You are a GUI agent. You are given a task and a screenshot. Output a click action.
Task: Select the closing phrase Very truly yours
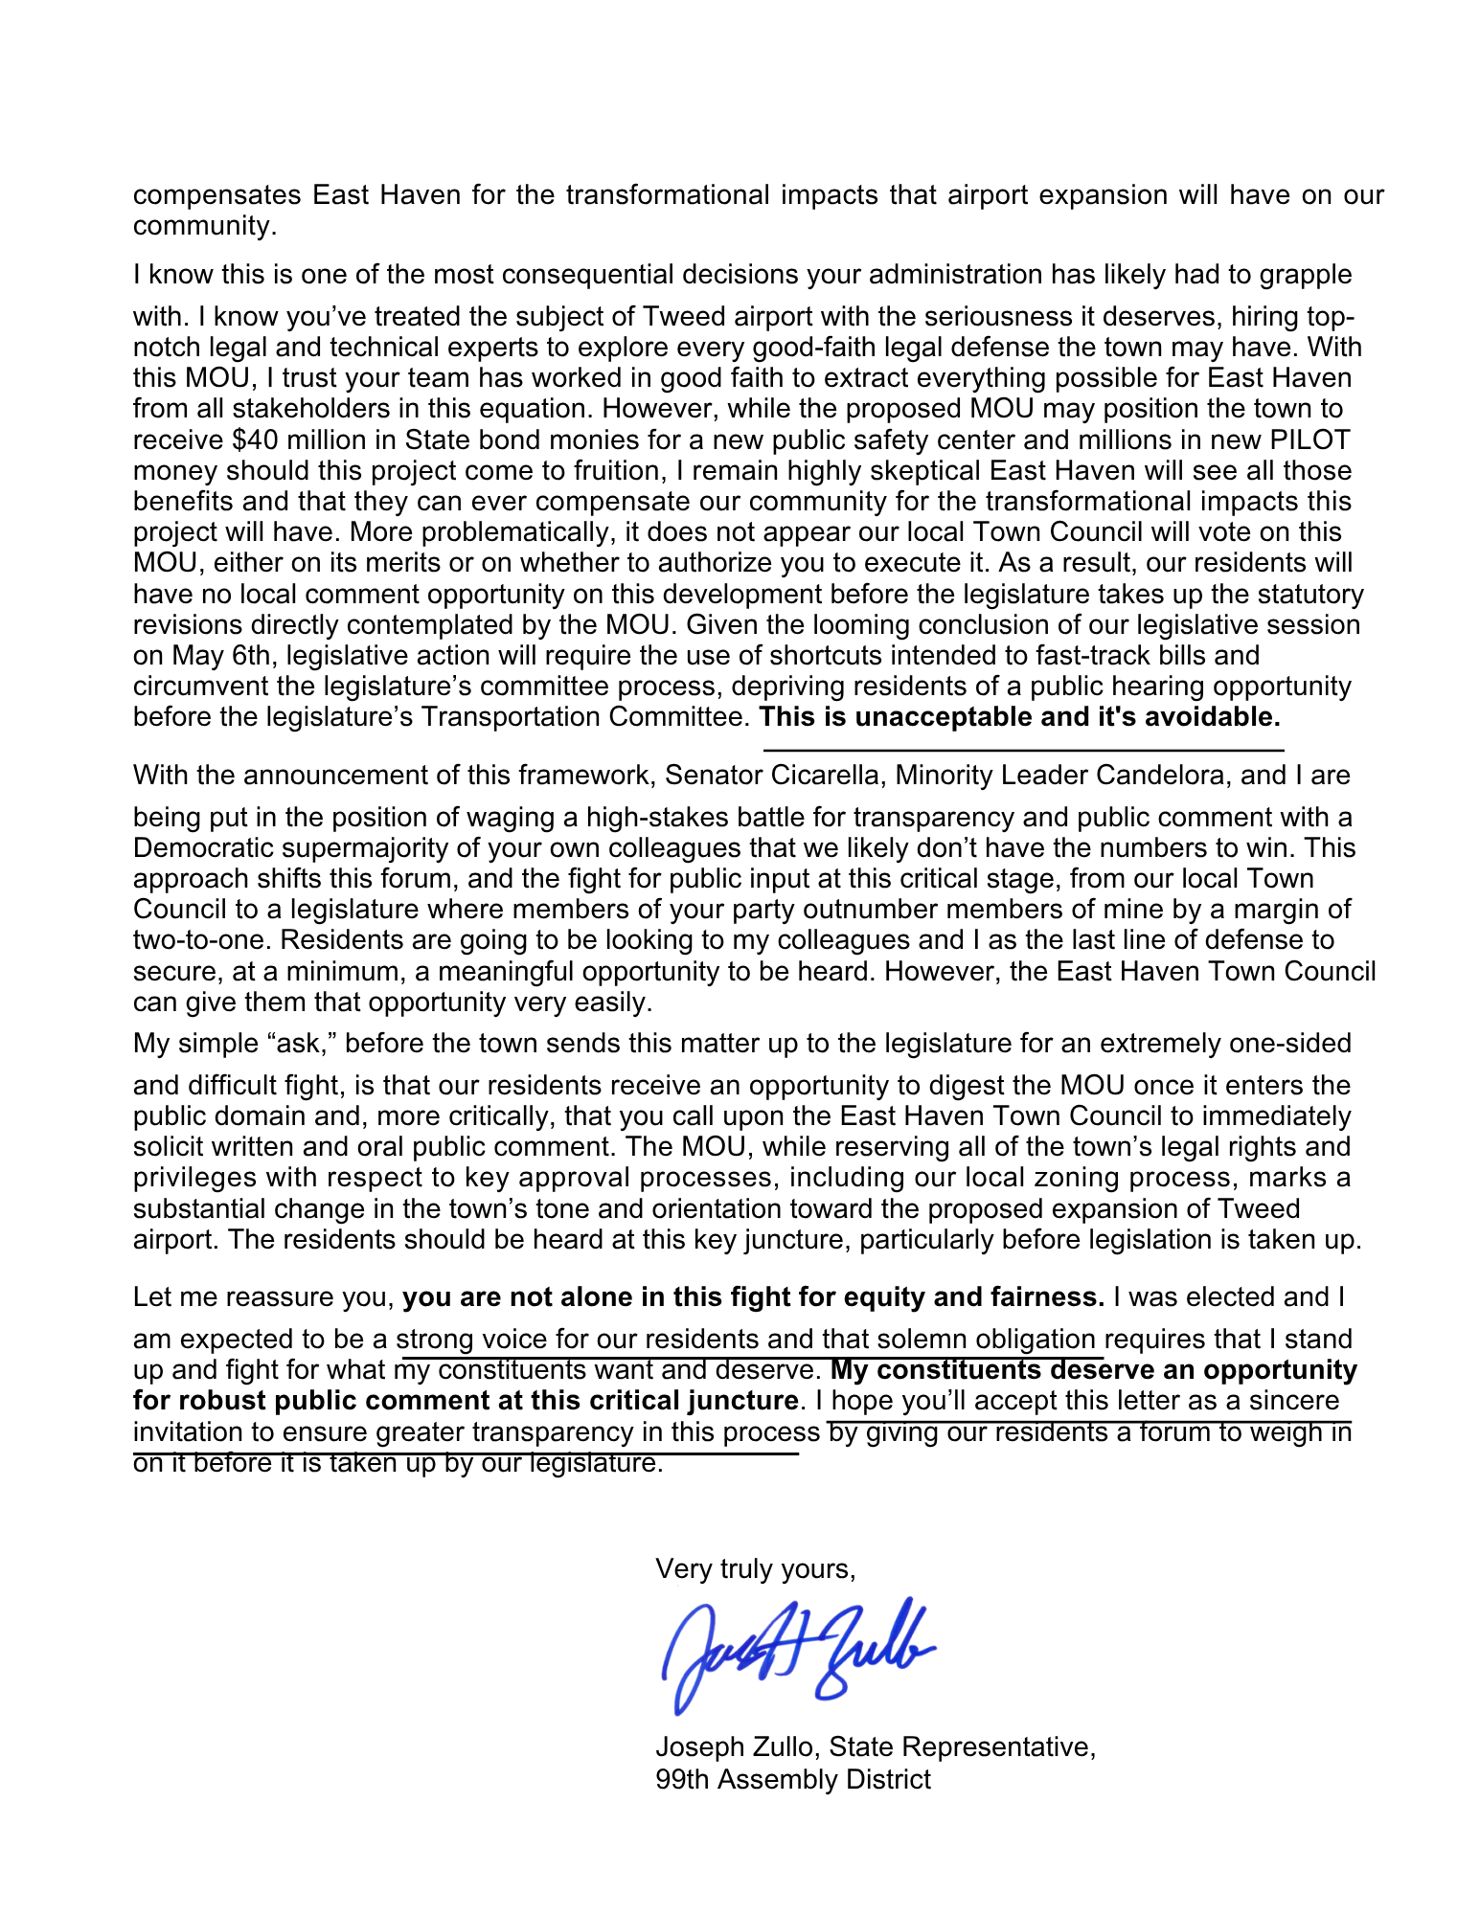(755, 1568)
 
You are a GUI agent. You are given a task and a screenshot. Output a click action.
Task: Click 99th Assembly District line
(793, 1780)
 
